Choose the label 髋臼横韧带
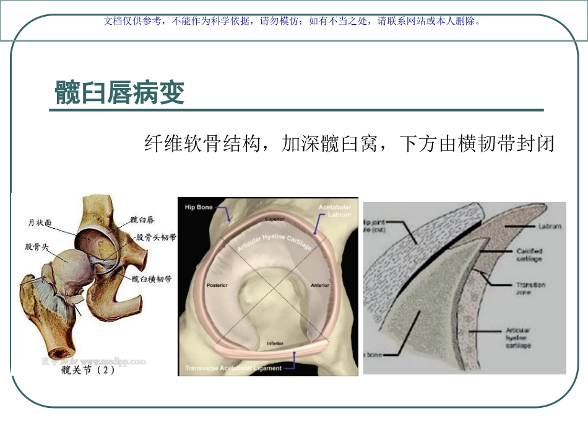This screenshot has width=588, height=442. click(152, 280)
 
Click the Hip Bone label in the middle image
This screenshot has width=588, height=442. click(199, 207)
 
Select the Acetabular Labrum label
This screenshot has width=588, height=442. click(335, 210)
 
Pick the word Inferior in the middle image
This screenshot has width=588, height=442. click(275, 343)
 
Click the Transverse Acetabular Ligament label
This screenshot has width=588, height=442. click(233, 368)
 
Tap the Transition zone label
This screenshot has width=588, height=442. click(530, 288)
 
